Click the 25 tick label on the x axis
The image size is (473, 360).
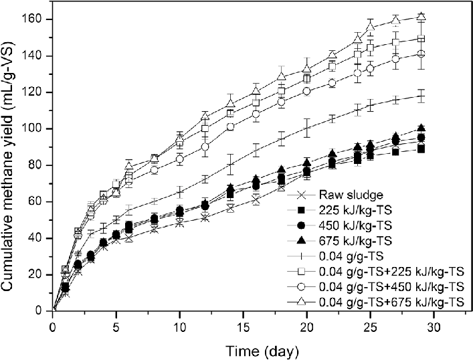pyautogui.click(x=371, y=327)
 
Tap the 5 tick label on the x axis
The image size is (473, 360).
pyautogui.click(x=116, y=327)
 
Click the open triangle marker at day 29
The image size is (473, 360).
pyautogui.click(x=421, y=17)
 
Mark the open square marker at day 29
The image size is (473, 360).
pyautogui.click(x=421, y=39)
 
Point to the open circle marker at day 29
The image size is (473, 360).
pyautogui.click(x=421, y=54)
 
